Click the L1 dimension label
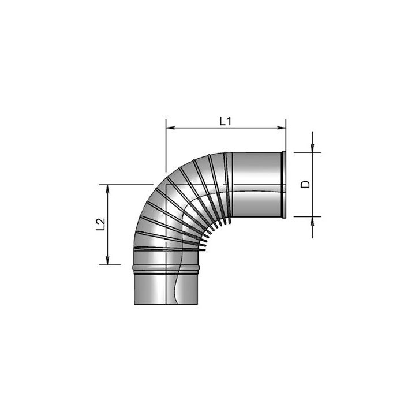coord(226,121)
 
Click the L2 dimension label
coord(100,225)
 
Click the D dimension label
coord(305,184)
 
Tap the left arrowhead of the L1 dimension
coord(171,128)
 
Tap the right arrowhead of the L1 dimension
coord(282,128)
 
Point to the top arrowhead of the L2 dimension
coord(108,189)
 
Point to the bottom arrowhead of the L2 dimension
coord(108,260)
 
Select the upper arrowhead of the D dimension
coord(312,148)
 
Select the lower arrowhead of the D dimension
coord(312,221)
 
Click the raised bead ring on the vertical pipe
coord(166,268)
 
